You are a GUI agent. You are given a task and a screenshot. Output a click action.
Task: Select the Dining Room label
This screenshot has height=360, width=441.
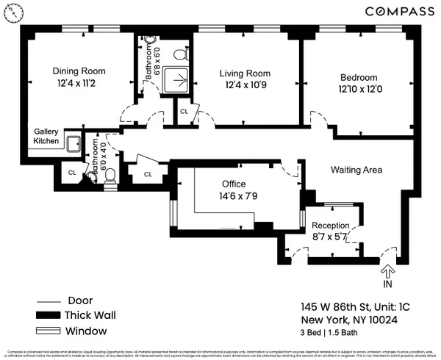click(79, 71)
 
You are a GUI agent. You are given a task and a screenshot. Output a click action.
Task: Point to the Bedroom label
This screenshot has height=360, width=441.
click(358, 78)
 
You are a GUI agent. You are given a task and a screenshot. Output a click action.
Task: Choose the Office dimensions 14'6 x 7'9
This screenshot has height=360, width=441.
click(234, 196)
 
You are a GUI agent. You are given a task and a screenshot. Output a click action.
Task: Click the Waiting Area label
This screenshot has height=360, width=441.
click(356, 170)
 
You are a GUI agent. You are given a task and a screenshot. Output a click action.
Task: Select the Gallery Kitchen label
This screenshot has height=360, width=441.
click(46, 137)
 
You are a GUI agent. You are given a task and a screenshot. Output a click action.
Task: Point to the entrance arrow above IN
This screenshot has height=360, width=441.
click(387, 271)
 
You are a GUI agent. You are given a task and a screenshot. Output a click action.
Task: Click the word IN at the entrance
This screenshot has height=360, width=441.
click(387, 284)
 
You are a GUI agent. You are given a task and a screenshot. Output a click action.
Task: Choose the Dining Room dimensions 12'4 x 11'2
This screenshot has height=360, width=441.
click(79, 84)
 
